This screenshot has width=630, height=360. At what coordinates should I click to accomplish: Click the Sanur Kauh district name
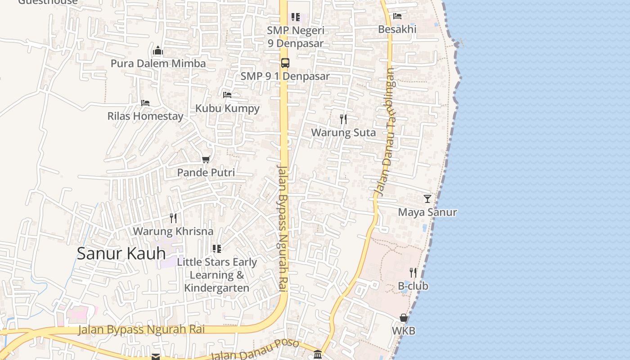121,253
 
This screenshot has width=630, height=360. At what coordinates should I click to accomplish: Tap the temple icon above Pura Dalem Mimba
157,50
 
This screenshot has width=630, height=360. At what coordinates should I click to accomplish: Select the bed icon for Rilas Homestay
145,103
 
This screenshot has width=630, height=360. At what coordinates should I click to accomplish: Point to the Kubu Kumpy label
227,108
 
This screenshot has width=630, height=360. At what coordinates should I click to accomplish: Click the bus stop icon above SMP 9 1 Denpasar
285,63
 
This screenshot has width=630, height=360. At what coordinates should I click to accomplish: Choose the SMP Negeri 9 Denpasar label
295,37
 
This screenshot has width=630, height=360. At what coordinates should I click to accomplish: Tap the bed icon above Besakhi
397,16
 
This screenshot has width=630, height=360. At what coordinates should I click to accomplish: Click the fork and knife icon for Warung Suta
343,119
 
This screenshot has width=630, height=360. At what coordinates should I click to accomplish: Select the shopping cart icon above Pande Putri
206,159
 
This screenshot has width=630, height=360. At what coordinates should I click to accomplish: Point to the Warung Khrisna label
173,231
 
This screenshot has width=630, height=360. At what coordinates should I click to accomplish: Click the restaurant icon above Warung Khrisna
173,218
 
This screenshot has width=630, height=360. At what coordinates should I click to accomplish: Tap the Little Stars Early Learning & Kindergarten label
217,275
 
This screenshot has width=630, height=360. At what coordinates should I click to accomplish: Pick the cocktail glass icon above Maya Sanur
427,198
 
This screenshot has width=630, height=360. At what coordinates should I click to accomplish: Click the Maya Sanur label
427,212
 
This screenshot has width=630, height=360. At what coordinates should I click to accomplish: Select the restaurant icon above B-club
413,272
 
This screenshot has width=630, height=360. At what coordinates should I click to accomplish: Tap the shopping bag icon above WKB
404,318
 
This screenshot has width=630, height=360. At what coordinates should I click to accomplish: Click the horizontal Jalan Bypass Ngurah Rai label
141,329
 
